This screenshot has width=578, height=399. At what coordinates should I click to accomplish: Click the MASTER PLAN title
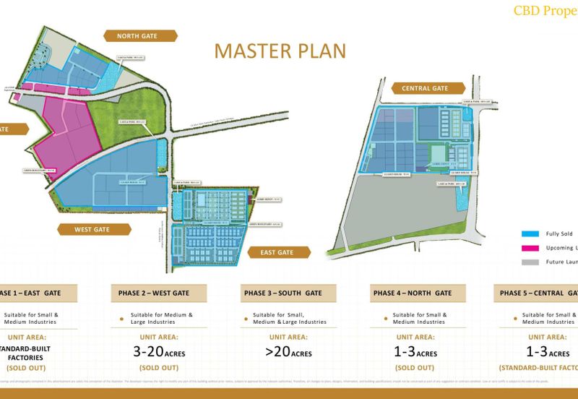(x=280, y=51)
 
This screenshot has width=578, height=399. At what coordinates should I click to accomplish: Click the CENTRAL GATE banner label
(x=425, y=88)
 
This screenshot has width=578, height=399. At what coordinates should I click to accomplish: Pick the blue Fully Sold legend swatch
(x=531, y=233)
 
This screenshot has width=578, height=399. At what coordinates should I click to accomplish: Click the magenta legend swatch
(x=531, y=247)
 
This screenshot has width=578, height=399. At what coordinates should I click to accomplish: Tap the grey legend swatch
(x=531, y=262)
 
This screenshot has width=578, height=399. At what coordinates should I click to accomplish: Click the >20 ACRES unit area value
(x=288, y=352)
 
